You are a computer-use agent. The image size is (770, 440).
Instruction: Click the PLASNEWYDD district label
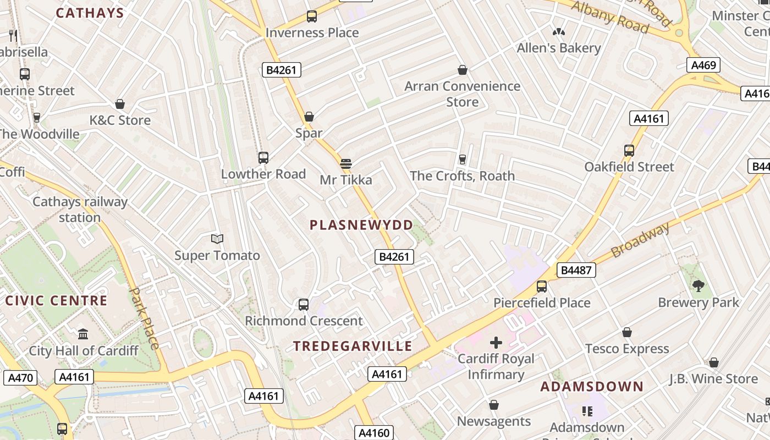point(361,225)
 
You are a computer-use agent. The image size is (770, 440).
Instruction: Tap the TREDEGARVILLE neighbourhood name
point(353,346)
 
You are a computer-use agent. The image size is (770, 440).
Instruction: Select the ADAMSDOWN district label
point(592,387)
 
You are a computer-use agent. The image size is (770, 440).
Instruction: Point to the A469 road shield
point(703,65)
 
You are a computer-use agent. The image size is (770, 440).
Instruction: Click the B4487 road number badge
point(576,270)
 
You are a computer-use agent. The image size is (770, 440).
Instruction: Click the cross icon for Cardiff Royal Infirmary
point(496,343)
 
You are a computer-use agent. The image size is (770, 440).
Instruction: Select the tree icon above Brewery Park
point(698,285)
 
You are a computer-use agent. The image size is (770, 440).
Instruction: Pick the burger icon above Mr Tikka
point(346,163)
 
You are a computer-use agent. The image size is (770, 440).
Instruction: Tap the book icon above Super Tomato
point(217,239)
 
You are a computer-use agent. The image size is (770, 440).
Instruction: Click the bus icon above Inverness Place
point(312,16)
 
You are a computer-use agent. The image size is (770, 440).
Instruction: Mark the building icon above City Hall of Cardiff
point(84,334)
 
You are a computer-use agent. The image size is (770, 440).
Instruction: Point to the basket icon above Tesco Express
point(627,332)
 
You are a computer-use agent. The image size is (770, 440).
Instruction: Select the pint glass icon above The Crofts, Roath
point(462,159)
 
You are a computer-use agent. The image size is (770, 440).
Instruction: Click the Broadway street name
point(641,240)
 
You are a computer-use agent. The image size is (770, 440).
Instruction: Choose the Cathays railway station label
point(80,210)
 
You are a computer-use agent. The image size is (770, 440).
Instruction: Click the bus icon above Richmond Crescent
point(304,304)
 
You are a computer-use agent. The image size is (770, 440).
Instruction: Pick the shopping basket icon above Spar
point(309,117)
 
